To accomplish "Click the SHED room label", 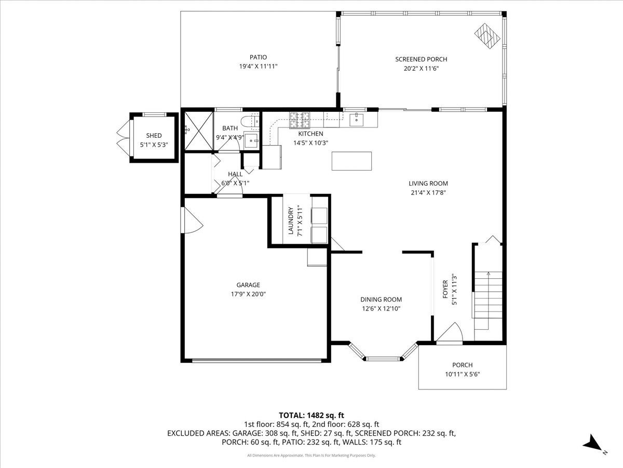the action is coord(154,136).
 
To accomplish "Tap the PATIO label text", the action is coord(258,57).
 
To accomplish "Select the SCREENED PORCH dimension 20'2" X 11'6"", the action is coord(421,69).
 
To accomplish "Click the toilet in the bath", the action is coord(250,121).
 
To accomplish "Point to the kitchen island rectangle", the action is coord(351,161).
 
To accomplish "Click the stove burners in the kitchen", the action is coord(300,120).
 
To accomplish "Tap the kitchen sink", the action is coord(356,120).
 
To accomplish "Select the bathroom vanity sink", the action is coord(251,140).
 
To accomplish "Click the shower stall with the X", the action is coord(199,131).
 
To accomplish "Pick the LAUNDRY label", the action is coord(291,220).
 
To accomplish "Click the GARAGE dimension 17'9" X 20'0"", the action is coord(248,294).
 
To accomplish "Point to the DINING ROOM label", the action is coord(381,299).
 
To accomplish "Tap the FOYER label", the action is coord(445,289).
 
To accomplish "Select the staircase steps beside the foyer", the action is coord(488,301).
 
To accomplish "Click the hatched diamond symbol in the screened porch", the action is coord(487,36).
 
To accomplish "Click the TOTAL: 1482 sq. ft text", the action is coord(311,415).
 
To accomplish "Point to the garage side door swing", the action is coord(193,220).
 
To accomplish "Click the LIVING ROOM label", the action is coord(428,184).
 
